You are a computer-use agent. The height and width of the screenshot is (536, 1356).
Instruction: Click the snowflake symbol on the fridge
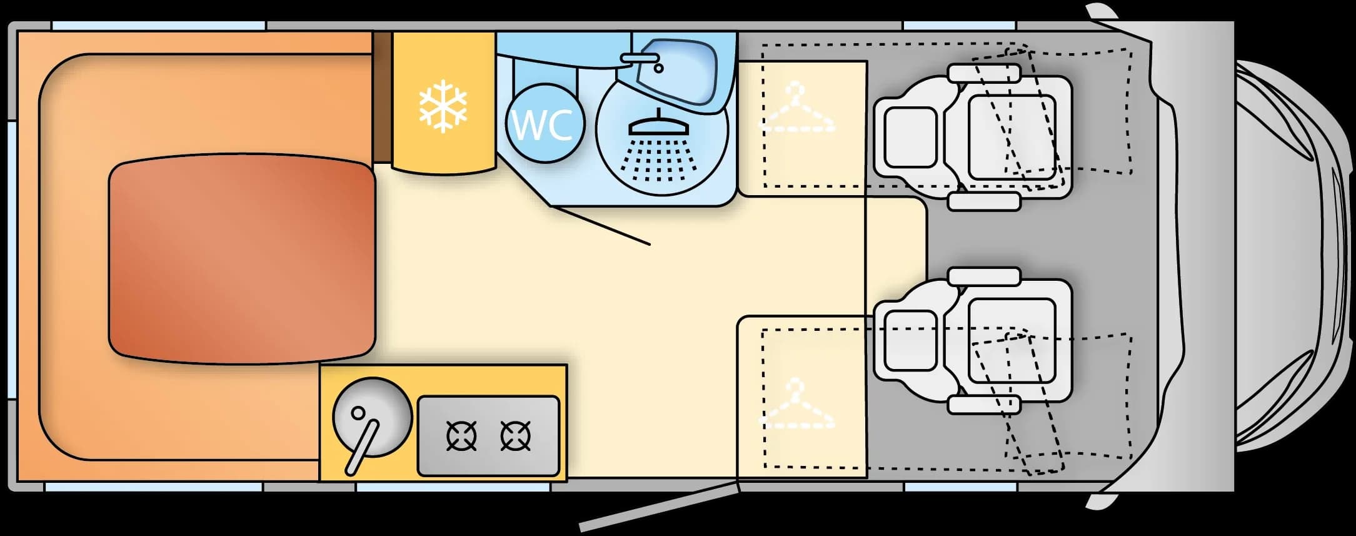click(443, 106)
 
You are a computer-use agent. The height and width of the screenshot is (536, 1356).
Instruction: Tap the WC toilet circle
click(545, 123)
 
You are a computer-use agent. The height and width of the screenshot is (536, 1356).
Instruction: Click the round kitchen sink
click(373, 417)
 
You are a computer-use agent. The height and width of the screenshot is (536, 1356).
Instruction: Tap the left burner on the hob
click(462, 436)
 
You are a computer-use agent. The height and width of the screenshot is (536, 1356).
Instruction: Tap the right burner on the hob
click(516, 436)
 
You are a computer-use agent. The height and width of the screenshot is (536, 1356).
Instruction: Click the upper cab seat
click(973, 137)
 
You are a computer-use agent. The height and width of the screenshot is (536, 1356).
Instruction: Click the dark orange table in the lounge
click(243, 259)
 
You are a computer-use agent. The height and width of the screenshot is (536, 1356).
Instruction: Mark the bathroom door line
click(600, 224)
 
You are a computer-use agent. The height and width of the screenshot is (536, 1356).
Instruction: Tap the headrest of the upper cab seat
click(911, 137)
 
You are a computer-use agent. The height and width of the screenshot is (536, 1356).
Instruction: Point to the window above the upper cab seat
click(960, 26)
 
